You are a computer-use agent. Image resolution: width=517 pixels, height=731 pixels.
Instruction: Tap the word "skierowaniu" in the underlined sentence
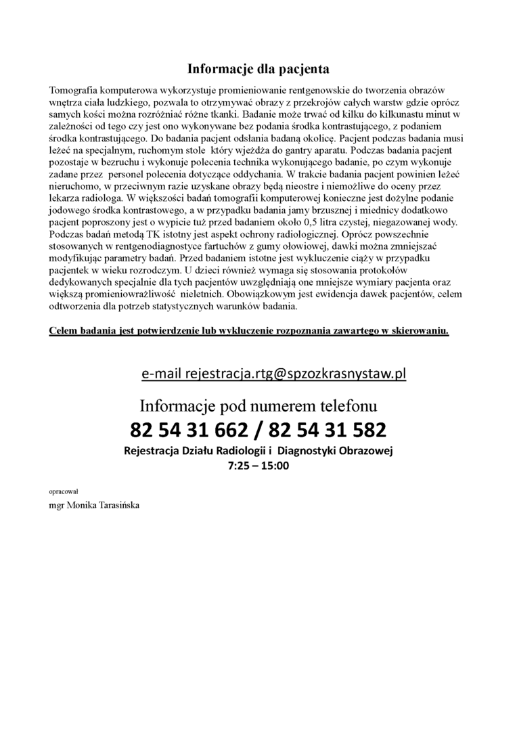420,330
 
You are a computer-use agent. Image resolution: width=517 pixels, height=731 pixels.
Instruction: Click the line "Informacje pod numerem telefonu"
258,406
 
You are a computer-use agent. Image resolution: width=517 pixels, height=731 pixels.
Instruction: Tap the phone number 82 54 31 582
327,430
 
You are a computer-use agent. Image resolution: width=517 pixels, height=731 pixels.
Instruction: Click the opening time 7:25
240,466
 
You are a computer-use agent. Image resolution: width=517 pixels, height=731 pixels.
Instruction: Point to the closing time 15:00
275,466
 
